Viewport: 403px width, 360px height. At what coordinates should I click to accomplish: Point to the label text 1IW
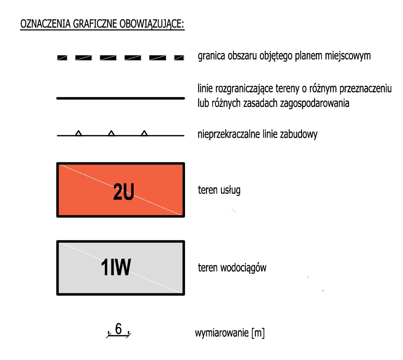coord(116,268)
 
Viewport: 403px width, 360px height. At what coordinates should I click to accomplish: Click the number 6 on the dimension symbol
coord(119,330)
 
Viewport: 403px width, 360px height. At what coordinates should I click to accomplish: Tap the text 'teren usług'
coord(219,191)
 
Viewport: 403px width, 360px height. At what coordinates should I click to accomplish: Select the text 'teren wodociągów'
coord(232,268)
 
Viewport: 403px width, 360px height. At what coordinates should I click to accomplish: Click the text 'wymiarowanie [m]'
coord(230,334)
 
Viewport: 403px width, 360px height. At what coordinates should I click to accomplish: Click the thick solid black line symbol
coord(120,98)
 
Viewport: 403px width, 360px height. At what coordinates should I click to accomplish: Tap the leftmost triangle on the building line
coord(78,133)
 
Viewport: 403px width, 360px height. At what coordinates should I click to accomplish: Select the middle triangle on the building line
coord(111,133)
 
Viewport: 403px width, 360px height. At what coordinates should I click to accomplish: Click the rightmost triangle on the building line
coord(144,133)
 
